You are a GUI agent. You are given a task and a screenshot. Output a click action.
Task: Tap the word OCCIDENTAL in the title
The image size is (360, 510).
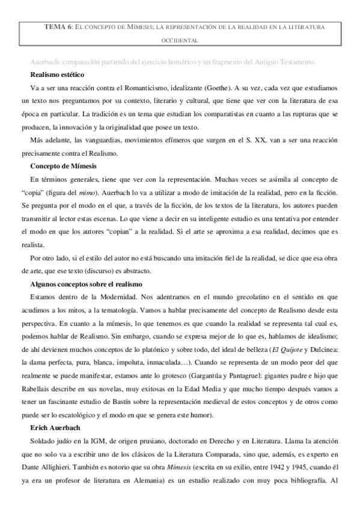180,41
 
